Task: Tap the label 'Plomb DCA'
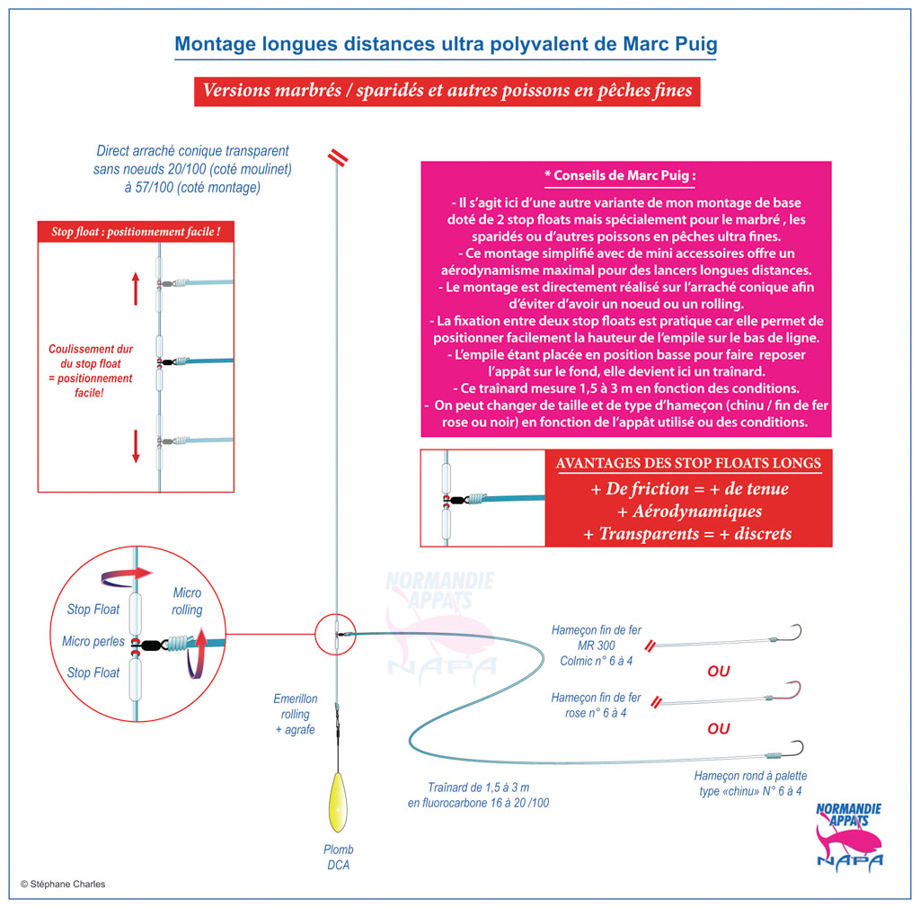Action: pyautogui.click(x=339, y=857)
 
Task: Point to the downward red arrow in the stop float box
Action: pyautogui.click(x=136, y=447)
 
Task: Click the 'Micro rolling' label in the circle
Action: pyautogui.click(x=187, y=601)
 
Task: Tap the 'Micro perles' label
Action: pyautogui.click(x=93, y=642)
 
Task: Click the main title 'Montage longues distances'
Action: pyautogui.click(x=446, y=43)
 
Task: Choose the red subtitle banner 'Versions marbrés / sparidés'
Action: pyautogui.click(x=447, y=91)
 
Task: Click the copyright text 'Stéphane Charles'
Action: pyautogui.click(x=63, y=884)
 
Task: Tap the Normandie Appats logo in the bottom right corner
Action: pyautogui.click(x=848, y=836)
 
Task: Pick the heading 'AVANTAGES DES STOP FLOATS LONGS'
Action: pyautogui.click(x=688, y=464)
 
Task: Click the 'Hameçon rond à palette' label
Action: pyautogui.click(x=750, y=783)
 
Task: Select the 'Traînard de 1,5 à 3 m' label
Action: pyautogui.click(x=478, y=794)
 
